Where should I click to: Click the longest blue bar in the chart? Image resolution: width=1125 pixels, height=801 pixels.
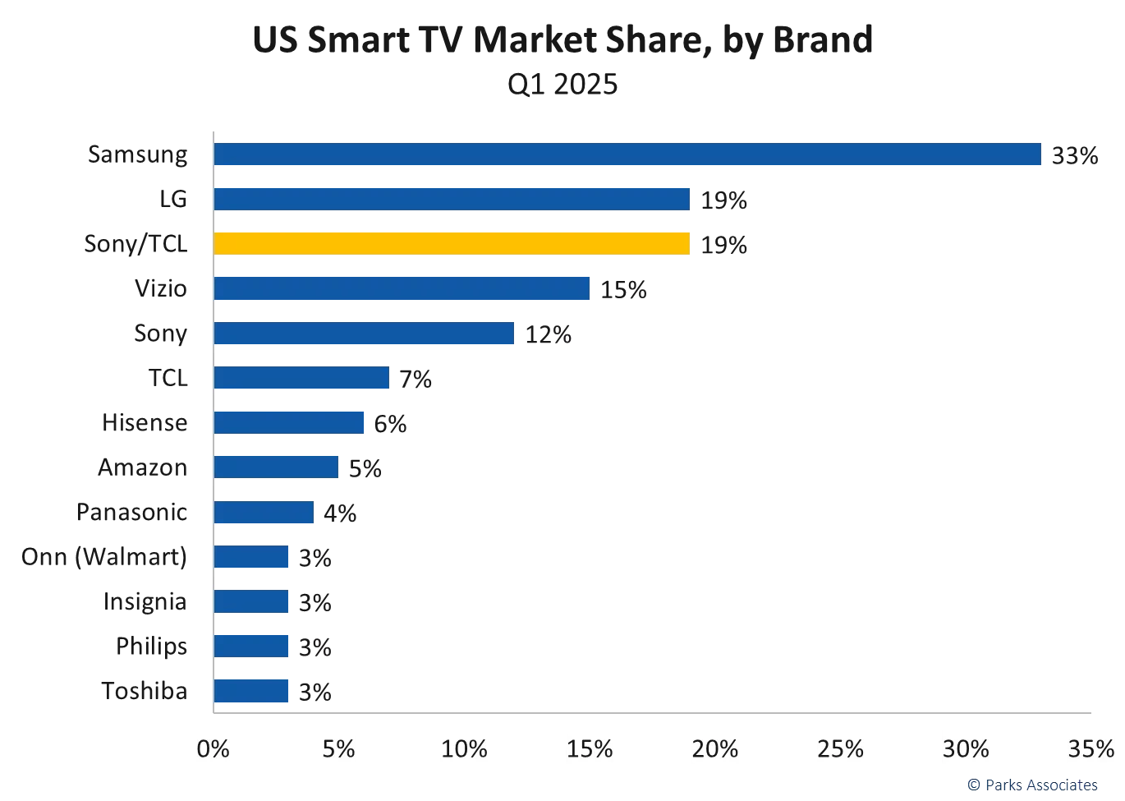[628, 154]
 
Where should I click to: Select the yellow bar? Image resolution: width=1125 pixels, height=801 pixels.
[451, 244]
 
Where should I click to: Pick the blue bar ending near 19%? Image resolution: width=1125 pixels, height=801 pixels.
[451, 199]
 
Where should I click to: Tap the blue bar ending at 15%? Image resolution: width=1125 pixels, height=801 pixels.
[402, 289]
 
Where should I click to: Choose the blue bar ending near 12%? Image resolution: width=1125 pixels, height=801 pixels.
[365, 334]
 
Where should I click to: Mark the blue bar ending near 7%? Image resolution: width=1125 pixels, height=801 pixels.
[303, 378]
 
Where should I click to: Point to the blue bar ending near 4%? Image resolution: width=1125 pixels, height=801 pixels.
[264, 513]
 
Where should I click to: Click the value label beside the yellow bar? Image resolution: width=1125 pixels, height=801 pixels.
[722, 245]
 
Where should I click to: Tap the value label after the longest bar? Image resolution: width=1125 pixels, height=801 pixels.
[1076, 154]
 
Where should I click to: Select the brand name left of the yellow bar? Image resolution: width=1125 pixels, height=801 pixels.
[135, 245]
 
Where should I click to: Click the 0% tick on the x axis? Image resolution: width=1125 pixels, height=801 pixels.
[214, 749]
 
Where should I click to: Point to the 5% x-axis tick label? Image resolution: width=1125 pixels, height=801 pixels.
[338, 749]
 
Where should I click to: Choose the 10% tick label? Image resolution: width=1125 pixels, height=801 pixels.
[465, 749]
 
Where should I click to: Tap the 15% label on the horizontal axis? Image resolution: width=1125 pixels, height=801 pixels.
[590, 749]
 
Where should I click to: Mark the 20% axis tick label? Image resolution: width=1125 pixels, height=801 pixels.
[716, 749]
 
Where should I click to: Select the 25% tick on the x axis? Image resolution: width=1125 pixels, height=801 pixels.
[841, 749]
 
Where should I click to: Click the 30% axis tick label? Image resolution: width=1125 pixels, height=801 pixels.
[967, 749]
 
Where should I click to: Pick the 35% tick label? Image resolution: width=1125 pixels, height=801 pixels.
[1091, 749]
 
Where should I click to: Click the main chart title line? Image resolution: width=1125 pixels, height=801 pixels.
[561, 39]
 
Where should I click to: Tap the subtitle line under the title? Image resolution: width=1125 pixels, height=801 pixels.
[561, 85]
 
